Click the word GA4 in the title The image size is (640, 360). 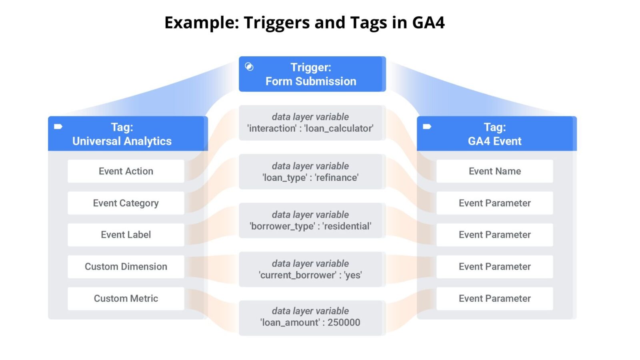tap(428, 22)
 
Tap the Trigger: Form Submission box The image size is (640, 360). tap(312, 74)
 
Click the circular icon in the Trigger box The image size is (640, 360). tap(249, 67)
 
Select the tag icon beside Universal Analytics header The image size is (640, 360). tap(58, 127)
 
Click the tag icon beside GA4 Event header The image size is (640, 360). tap(427, 127)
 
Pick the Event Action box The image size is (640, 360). tap(126, 171)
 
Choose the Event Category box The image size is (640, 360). tap(126, 203)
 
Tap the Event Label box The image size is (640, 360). tap(126, 235)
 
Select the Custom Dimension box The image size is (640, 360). tap(126, 267)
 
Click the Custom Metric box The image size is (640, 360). tap(126, 298)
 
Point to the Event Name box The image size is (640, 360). tap(494, 171)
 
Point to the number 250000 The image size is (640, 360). tap(344, 322)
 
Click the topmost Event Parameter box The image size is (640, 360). tap(494, 203)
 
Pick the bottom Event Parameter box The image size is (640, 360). tap(494, 298)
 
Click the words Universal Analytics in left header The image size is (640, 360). tap(122, 141)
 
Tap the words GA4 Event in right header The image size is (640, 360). tap(494, 141)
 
